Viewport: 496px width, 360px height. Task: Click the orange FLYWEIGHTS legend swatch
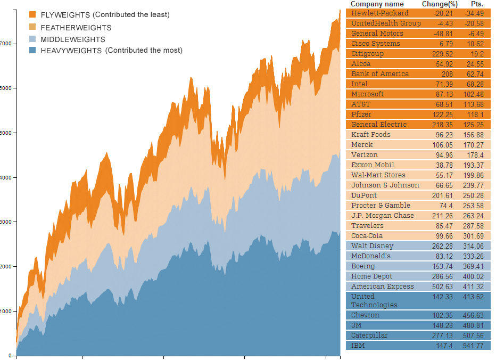coord(33,15)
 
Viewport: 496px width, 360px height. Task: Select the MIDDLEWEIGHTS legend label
coord(73,39)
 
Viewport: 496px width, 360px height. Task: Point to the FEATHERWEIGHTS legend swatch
coord(33,27)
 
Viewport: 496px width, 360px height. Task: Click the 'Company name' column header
coord(377,4)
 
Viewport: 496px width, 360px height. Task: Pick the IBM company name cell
coord(358,346)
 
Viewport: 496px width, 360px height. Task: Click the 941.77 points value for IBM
coord(473,346)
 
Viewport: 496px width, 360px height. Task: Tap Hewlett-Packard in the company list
coord(380,13)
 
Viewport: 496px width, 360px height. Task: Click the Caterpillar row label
coord(369,336)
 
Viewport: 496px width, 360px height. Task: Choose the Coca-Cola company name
coord(367,236)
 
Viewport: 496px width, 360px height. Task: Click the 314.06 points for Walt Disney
coord(473,246)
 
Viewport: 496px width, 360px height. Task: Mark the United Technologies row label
coord(374,300)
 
